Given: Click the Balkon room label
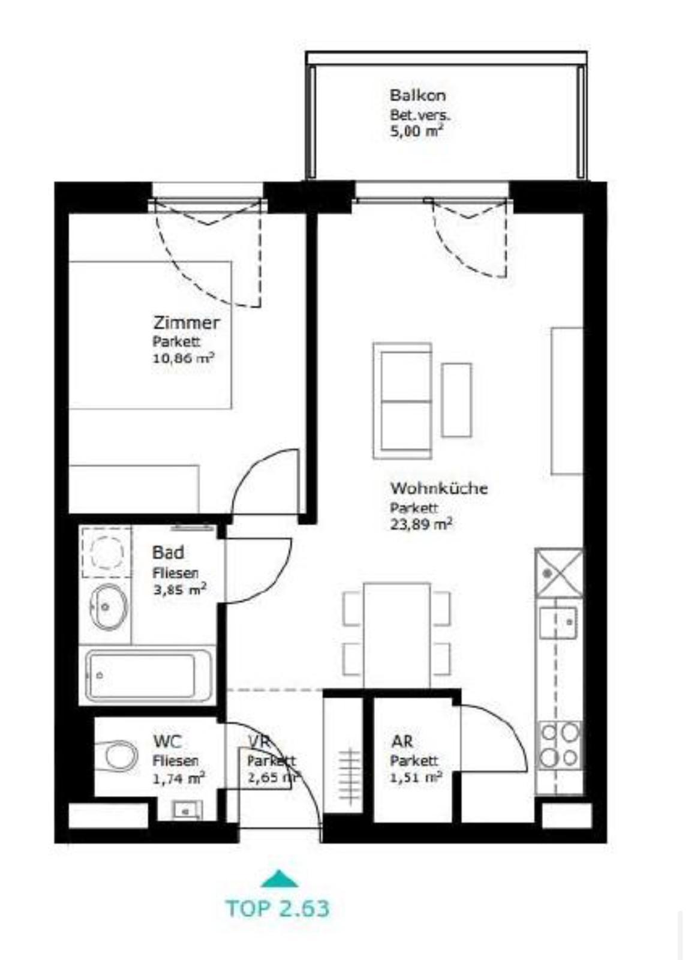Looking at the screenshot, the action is pyautogui.click(x=417, y=95).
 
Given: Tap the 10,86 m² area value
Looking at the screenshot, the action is pyautogui.click(x=184, y=358).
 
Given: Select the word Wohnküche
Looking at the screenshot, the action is pyautogui.click(x=438, y=488).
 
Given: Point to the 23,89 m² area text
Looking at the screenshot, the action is pyautogui.click(x=421, y=524).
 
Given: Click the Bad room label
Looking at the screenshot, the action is pyautogui.click(x=169, y=553).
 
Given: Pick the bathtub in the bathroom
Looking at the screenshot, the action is pyautogui.click(x=148, y=676).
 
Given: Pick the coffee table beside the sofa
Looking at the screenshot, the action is pyautogui.click(x=456, y=400).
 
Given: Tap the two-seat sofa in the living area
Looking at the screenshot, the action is pyautogui.click(x=402, y=401).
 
